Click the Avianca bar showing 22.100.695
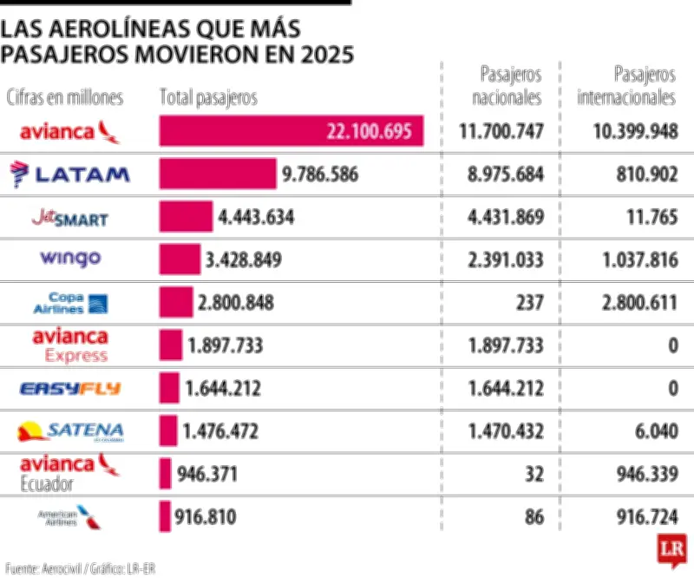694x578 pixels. click(291, 131)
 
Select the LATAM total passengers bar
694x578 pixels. click(218, 174)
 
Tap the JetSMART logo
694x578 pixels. click(69, 216)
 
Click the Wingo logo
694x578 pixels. click(70, 259)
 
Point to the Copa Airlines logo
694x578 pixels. click(70, 302)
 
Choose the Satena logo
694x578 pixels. click(70, 430)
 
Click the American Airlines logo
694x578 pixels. click(69, 517)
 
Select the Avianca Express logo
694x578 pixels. click(70, 345)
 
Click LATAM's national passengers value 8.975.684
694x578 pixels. click(505, 174)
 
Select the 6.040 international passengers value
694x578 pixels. click(658, 431)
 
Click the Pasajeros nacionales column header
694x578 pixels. click(507, 86)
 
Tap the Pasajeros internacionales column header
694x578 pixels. click(626, 86)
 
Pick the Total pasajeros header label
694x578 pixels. click(208, 98)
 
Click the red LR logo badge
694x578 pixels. click(671, 548)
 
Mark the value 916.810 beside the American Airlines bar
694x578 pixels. click(206, 518)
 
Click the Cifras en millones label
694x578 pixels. click(65, 98)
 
